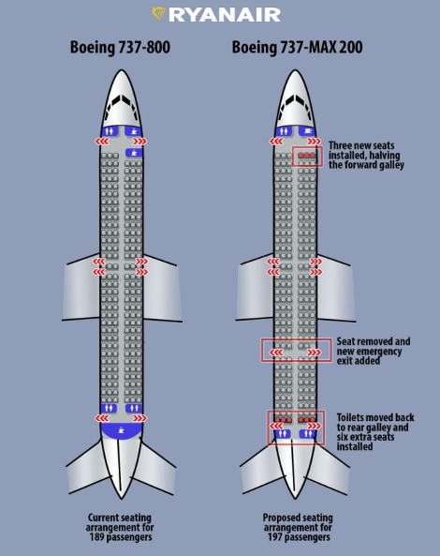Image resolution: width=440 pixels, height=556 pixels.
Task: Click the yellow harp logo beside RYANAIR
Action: (159, 14)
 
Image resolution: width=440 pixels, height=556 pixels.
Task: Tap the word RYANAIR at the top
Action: (225, 15)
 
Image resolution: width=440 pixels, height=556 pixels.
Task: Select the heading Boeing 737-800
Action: (120, 48)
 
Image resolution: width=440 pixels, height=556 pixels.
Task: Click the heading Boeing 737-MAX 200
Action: (297, 48)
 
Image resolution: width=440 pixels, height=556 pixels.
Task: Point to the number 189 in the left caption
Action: (96, 537)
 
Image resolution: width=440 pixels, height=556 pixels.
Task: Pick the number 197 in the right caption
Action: (274, 537)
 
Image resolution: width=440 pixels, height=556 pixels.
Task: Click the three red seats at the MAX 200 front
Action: (306, 155)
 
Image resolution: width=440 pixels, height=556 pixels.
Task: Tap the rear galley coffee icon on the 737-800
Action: (122, 430)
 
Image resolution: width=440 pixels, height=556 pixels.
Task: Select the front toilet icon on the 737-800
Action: (110, 131)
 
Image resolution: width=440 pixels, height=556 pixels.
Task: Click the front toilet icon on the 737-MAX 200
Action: (284, 131)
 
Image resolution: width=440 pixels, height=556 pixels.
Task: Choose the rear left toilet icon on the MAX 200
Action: (282, 434)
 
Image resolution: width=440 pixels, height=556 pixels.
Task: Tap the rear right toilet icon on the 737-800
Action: (134, 408)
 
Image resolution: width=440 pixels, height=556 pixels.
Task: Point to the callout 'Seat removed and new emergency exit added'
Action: (374, 351)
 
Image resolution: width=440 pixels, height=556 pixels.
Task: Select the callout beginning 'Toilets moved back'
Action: (375, 432)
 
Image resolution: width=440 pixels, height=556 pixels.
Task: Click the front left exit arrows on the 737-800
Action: (102, 142)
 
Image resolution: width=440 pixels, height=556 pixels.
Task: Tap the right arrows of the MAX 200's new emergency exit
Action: (314, 353)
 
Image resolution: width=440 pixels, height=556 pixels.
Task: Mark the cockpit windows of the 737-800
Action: (122, 102)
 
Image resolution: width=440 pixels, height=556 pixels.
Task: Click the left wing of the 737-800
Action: (81, 288)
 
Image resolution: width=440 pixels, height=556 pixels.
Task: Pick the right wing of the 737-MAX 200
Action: (335, 288)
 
